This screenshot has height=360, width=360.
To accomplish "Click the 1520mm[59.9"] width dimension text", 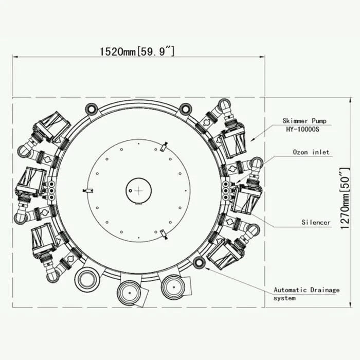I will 137,50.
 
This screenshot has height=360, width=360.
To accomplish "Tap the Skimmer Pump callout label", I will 304,120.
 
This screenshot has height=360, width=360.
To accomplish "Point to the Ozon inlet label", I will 311,152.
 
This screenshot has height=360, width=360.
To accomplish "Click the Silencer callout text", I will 316,222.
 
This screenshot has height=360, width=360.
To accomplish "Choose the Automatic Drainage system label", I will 306,294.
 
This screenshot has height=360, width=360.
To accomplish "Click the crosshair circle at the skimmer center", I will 138,191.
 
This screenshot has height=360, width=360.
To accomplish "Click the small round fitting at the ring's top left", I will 92,109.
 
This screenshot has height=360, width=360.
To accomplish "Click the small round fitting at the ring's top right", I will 185,109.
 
